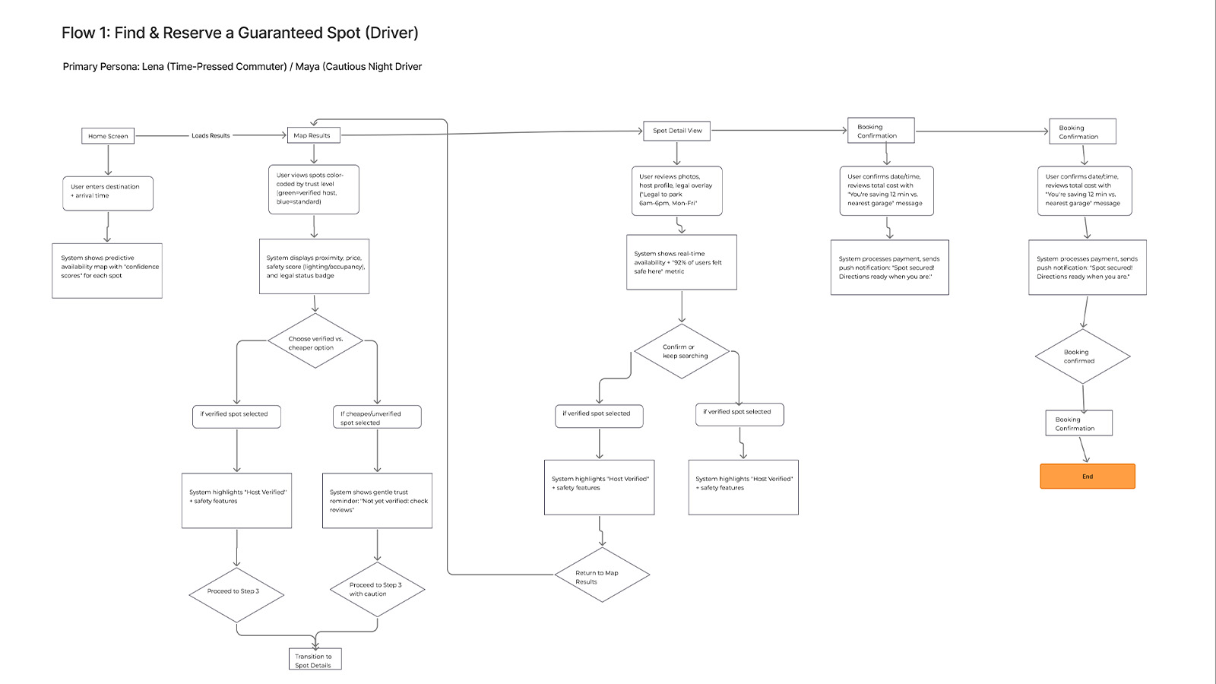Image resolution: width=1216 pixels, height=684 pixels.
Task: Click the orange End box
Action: click(1087, 477)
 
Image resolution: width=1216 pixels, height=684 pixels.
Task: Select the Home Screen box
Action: click(108, 136)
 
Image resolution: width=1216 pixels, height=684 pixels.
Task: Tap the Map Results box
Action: click(313, 135)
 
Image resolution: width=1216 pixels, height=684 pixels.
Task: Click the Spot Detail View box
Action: click(676, 131)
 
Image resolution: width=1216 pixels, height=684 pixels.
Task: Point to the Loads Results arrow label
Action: click(211, 136)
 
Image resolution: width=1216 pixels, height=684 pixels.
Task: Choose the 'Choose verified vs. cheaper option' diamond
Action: click(315, 343)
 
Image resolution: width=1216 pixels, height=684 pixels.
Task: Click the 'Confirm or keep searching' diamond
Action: click(682, 351)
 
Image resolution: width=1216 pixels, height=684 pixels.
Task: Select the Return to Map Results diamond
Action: click(601, 576)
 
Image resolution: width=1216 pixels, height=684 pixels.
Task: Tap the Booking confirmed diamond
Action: click(1082, 356)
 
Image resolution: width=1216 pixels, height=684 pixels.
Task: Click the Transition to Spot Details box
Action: click(314, 660)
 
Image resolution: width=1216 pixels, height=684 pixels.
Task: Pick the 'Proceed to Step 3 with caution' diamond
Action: click(377, 589)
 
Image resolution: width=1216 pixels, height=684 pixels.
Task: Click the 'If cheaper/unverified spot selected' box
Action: click(376, 417)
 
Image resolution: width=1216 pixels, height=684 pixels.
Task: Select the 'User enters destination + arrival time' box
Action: click(107, 193)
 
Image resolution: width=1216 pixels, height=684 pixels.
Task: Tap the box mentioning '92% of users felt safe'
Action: click(681, 262)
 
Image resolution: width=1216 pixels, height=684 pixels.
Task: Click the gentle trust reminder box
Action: click(377, 501)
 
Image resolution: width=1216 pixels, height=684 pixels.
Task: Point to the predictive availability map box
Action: click(106, 271)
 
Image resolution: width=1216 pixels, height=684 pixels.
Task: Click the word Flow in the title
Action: click(78, 33)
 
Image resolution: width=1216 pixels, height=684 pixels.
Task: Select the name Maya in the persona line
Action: click(307, 67)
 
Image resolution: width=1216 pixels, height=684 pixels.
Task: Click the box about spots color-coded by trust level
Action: click(313, 189)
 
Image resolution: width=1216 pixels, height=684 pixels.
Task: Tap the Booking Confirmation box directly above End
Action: click(1078, 423)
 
